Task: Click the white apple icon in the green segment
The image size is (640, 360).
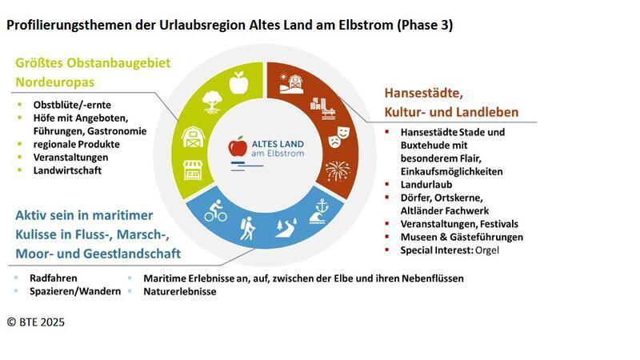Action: (x=238, y=82)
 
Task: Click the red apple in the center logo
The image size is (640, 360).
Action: (x=237, y=147)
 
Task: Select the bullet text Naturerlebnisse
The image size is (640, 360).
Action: (x=179, y=291)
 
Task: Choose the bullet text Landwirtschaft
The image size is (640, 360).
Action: (x=67, y=170)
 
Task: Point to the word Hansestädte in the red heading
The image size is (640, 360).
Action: (x=425, y=93)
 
